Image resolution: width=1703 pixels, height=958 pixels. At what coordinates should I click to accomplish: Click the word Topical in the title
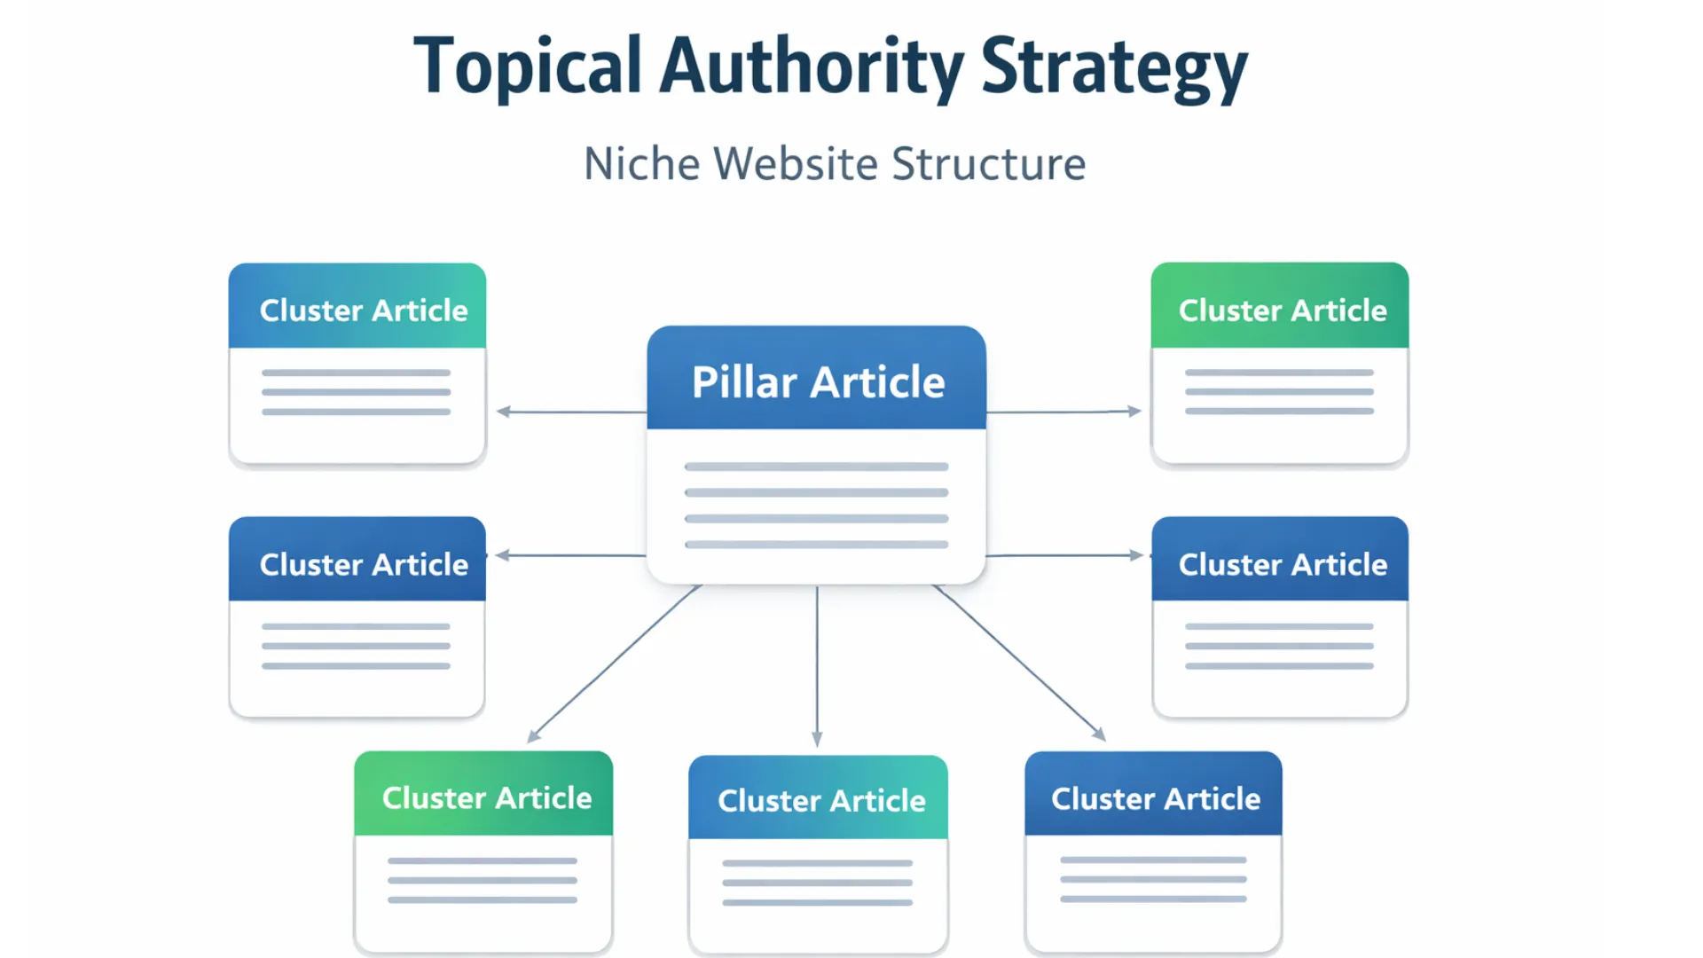[x=527, y=67]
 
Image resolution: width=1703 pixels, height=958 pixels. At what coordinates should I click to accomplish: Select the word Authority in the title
[x=811, y=67]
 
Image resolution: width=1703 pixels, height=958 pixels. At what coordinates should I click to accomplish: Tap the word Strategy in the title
[x=1114, y=67]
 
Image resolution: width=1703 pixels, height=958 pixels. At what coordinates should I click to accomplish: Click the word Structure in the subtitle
[x=988, y=164]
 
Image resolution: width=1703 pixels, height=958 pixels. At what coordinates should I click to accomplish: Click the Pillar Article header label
[x=818, y=381]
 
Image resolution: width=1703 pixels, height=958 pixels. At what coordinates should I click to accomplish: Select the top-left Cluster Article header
[x=363, y=310]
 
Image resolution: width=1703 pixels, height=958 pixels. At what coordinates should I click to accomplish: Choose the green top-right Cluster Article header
[x=1282, y=310]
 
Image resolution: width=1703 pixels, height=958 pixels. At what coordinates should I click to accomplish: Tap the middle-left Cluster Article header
[x=363, y=564]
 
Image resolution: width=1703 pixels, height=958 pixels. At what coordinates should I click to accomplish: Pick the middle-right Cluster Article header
[x=1282, y=564]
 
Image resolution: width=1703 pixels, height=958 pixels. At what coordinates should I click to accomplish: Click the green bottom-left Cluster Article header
[x=486, y=797]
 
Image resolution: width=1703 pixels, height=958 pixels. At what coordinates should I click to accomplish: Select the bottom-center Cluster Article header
[x=821, y=800]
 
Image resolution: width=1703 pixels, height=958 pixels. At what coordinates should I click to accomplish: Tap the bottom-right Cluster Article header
[x=1155, y=798]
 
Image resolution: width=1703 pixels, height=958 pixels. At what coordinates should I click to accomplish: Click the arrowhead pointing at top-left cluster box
[x=504, y=412]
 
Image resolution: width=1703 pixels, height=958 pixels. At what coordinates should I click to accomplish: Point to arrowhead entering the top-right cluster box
[x=1134, y=411]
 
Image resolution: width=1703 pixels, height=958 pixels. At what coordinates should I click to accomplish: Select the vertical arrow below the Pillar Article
[x=817, y=665]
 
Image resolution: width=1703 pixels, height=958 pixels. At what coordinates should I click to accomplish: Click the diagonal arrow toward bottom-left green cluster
[x=614, y=664]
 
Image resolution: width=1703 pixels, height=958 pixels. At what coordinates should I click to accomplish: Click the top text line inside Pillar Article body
[x=816, y=467]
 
